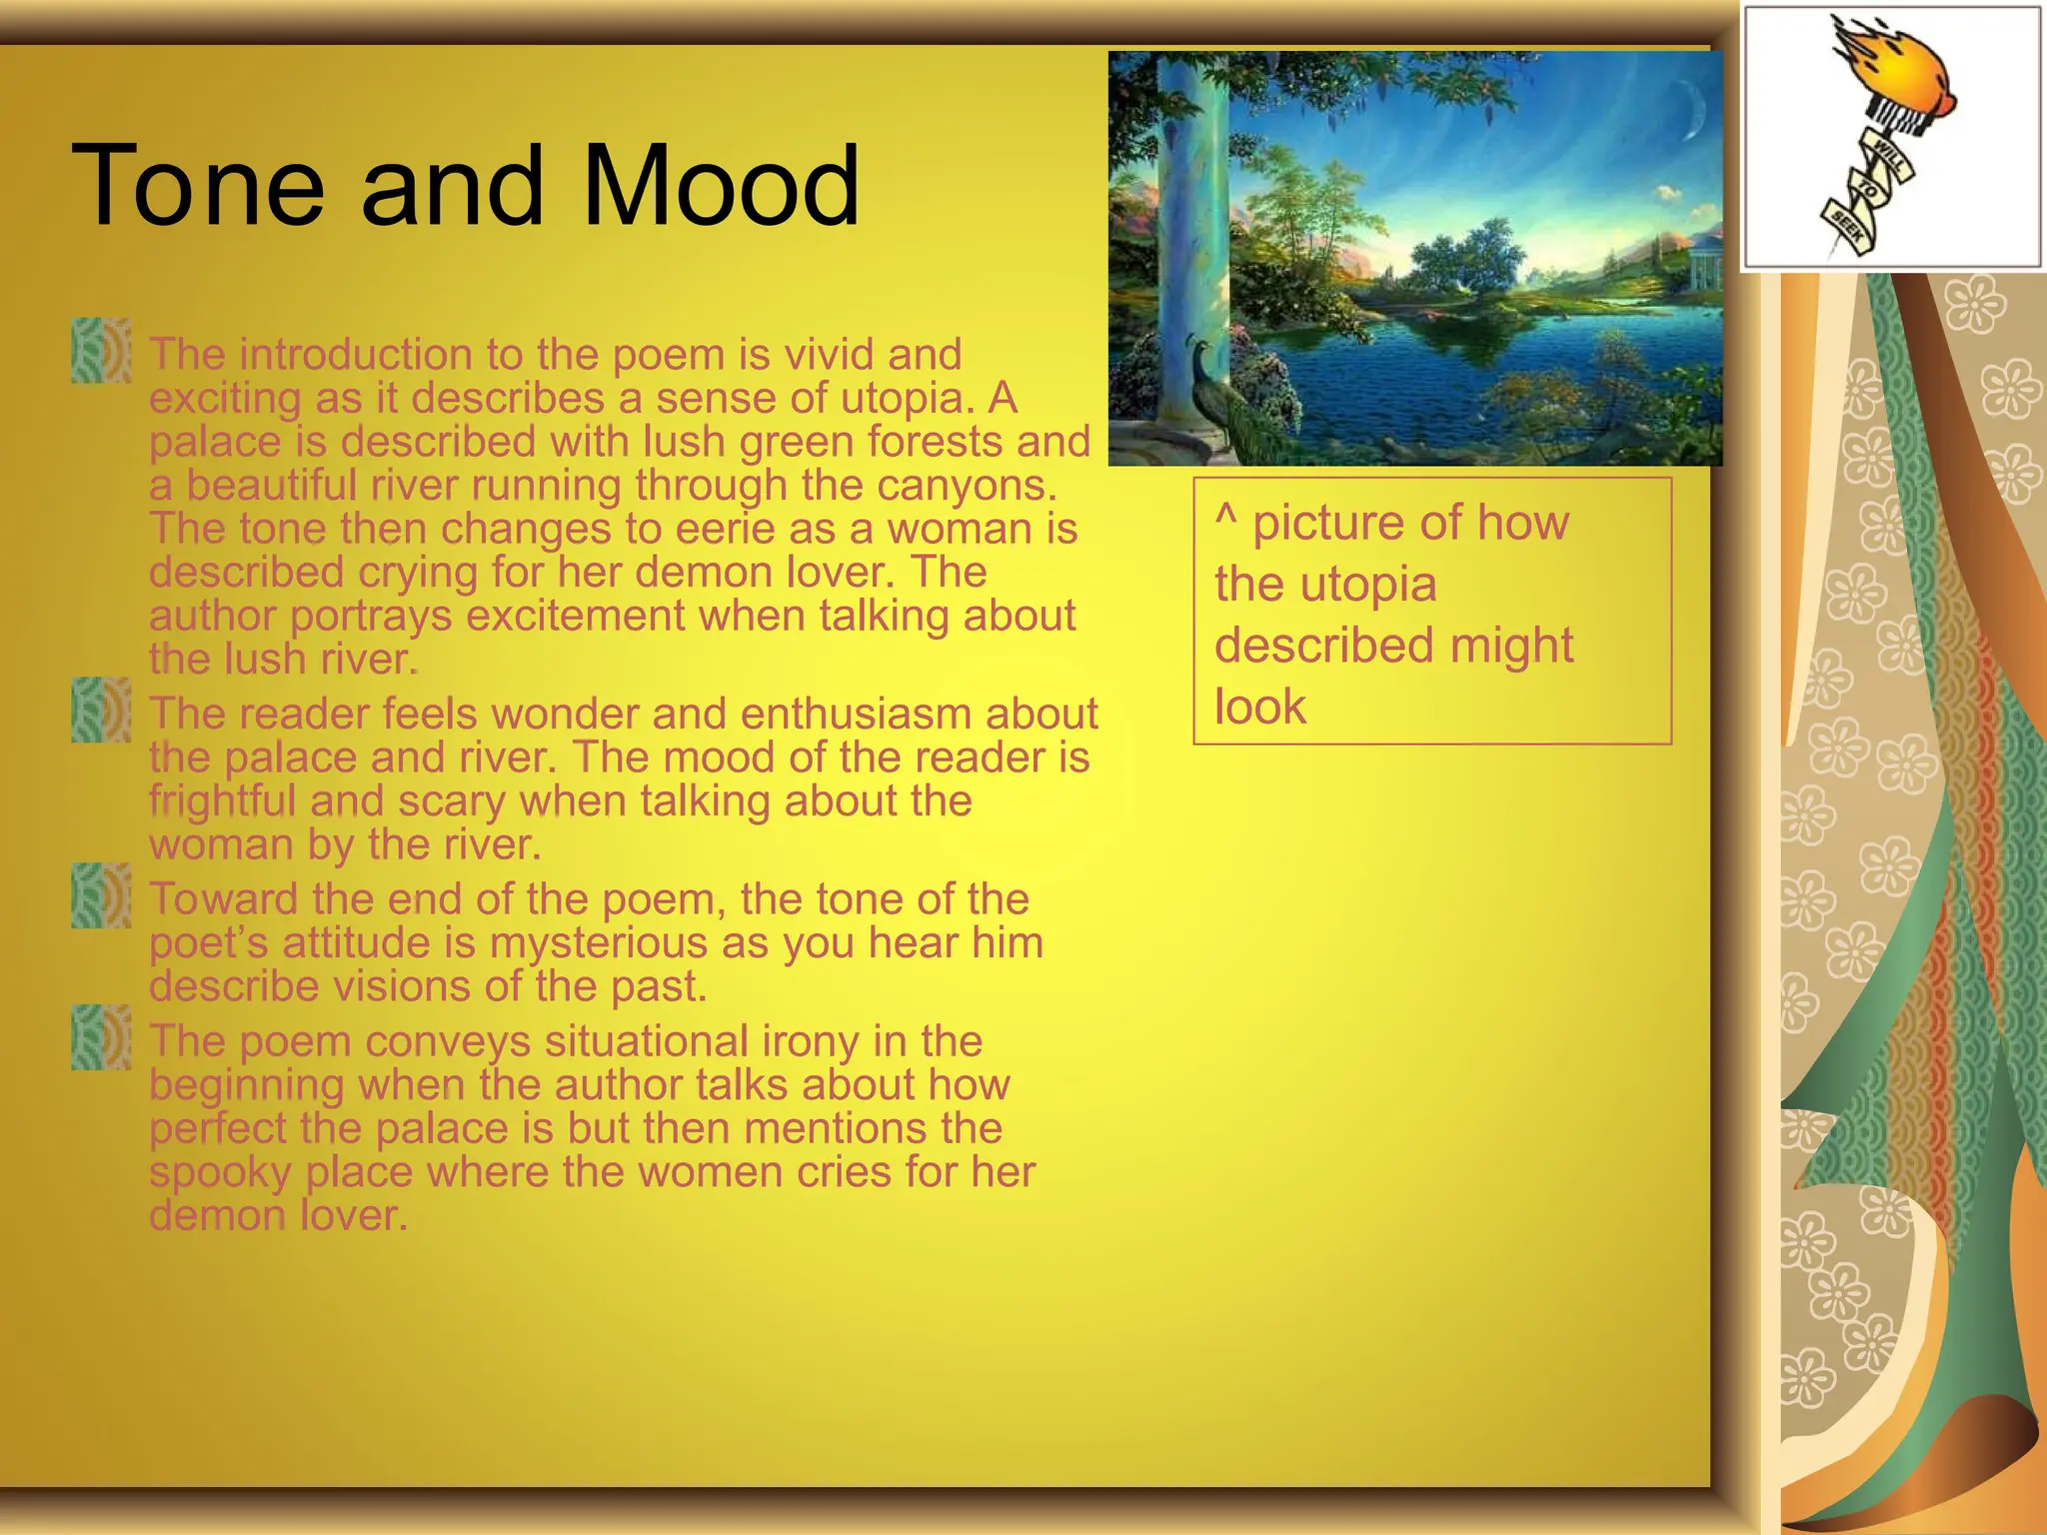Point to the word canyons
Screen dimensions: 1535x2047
point(967,487)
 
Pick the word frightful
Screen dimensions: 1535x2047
point(223,801)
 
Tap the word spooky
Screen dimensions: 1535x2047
point(220,1173)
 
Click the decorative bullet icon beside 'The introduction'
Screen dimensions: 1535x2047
point(101,351)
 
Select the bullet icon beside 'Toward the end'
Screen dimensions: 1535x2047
point(101,896)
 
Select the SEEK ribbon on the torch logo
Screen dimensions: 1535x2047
point(1845,229)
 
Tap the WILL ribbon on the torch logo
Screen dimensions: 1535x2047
point(1888,158)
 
